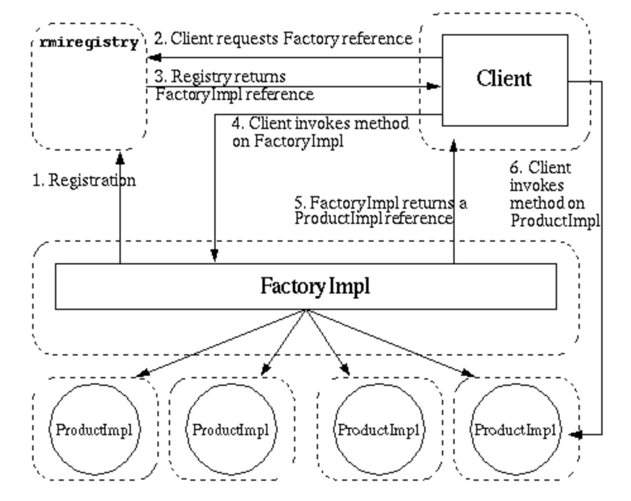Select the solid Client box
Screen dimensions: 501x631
click(504, 79)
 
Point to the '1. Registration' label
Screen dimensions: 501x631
click(83, 181)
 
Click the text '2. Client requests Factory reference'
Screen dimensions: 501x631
click(283, 39)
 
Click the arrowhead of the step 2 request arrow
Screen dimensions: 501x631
click(152, 58)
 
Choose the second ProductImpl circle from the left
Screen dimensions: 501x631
click(230, 431)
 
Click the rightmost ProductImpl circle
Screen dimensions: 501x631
click(515, 431)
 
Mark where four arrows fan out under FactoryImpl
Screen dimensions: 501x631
click(307, 311)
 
